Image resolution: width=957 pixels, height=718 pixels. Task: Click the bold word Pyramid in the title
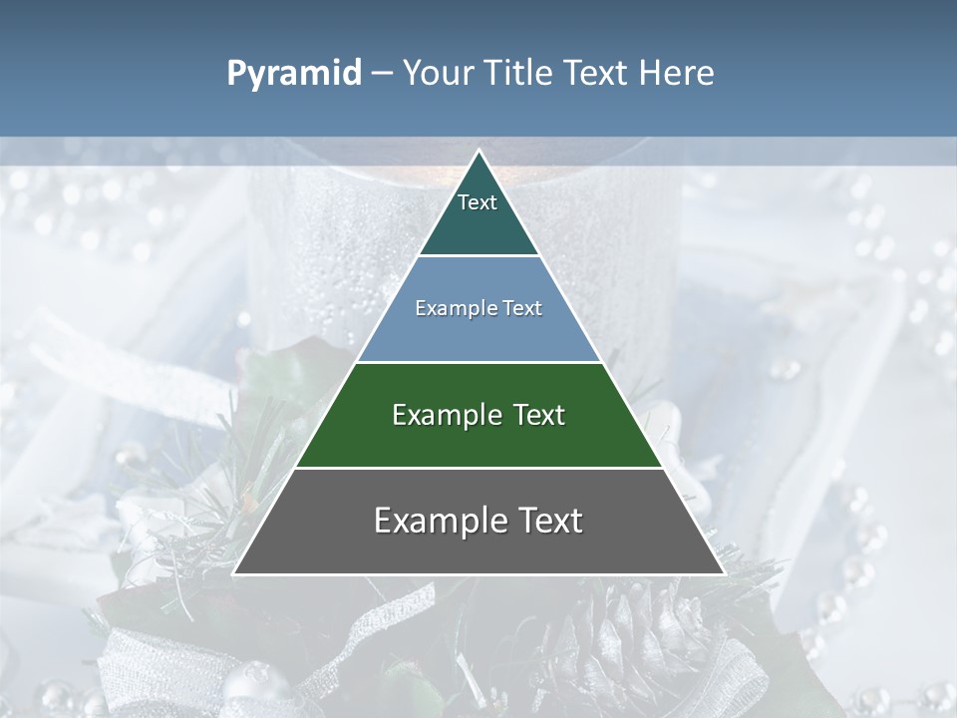point(293,74)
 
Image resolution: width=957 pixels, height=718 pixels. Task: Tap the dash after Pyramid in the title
point(381,74)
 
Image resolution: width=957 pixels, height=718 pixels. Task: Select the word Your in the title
point(436,74)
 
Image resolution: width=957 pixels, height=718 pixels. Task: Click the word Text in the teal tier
point(478,202)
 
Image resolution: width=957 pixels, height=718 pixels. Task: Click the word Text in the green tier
point(538,415)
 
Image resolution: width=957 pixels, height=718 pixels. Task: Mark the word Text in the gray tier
point(549,521)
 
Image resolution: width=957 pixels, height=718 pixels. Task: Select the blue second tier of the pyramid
point(478,334)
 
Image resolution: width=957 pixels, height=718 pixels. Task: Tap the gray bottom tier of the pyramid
point(478,550)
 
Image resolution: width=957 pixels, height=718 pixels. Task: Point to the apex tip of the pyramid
point(478,153)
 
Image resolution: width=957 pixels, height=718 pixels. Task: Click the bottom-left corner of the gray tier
point(236,572)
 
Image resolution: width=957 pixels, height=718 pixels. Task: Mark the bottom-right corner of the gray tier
point(722,572)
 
